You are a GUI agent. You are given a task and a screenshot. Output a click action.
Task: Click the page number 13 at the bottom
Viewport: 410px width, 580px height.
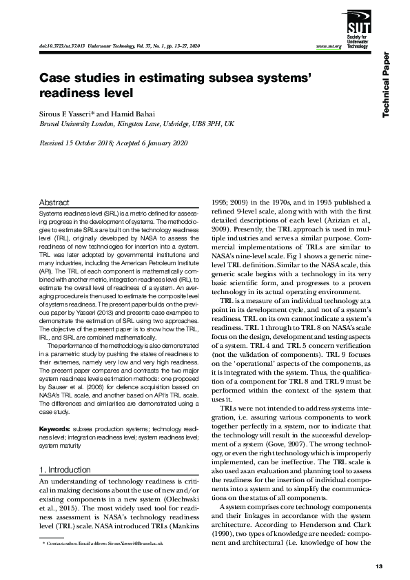[x=378, y=566]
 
